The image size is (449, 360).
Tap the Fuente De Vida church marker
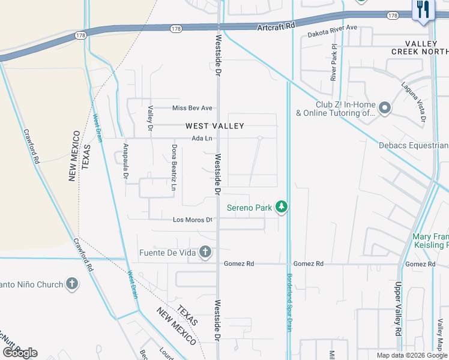pos(205,252)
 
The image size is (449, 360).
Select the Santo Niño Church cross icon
pos(71,284)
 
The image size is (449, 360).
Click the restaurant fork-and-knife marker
pos(424,10)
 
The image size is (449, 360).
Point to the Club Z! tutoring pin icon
pos(385,108)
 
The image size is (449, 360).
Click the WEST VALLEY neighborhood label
pos(214,126)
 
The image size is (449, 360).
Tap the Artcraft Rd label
pos(277,27)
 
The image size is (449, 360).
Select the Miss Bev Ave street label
pos(192,108)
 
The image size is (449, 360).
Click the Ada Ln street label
pos(202,139)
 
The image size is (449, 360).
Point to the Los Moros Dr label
pos(193,220)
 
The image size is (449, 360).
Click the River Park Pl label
pos(334,62)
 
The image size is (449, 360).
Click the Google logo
pos(20,353)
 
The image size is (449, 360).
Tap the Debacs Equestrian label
pos(414,145)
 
